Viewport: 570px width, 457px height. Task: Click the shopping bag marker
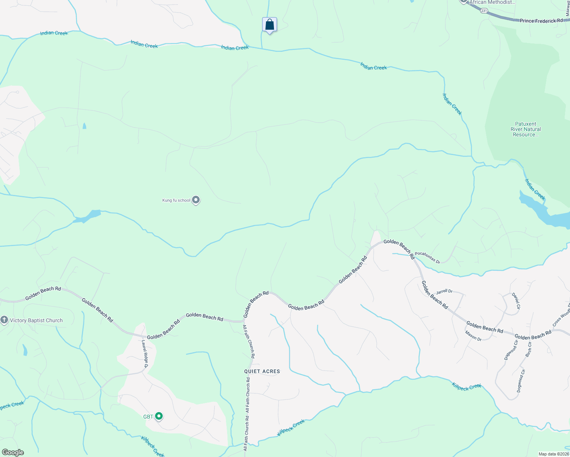point(269,25)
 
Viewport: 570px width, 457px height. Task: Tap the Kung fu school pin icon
point(196,200)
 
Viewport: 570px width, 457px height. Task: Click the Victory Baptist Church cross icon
point(4,320)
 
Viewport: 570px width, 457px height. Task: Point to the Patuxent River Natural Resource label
point(525,129)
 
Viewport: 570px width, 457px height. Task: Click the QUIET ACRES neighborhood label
point(262,371)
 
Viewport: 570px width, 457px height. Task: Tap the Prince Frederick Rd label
point(541,21)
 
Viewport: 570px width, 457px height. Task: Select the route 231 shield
point(484,11)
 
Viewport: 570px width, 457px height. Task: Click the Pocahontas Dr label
point(427,257)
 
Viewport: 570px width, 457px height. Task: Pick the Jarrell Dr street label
point(444,291)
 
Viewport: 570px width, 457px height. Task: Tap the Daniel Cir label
point(516,300)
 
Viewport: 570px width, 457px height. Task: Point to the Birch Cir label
point(528,349)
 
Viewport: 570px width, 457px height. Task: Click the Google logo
point(13,452)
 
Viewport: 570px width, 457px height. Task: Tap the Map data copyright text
point(553,454)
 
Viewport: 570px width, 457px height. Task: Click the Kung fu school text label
point(176,200)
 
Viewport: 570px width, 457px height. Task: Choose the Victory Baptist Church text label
point(36,320)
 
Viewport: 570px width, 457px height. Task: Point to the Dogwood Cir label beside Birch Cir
point(511,350)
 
